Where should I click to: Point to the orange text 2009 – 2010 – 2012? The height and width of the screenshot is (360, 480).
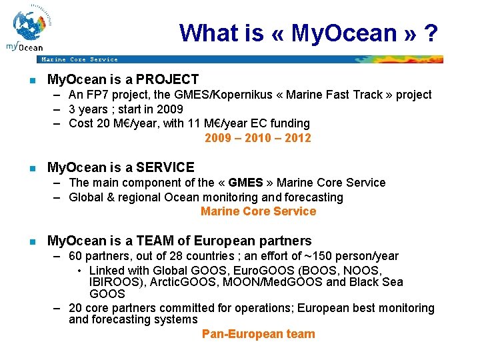click(258, 138)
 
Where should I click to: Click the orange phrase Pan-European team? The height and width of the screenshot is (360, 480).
click(258, 334)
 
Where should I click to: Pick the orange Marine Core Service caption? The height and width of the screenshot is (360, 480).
click(258, 211)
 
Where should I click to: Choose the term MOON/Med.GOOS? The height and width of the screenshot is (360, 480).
click(276, 282)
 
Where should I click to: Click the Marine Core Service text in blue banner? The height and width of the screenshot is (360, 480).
click(79, 59)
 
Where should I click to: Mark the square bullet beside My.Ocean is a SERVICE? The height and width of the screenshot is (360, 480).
click(31, 168)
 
